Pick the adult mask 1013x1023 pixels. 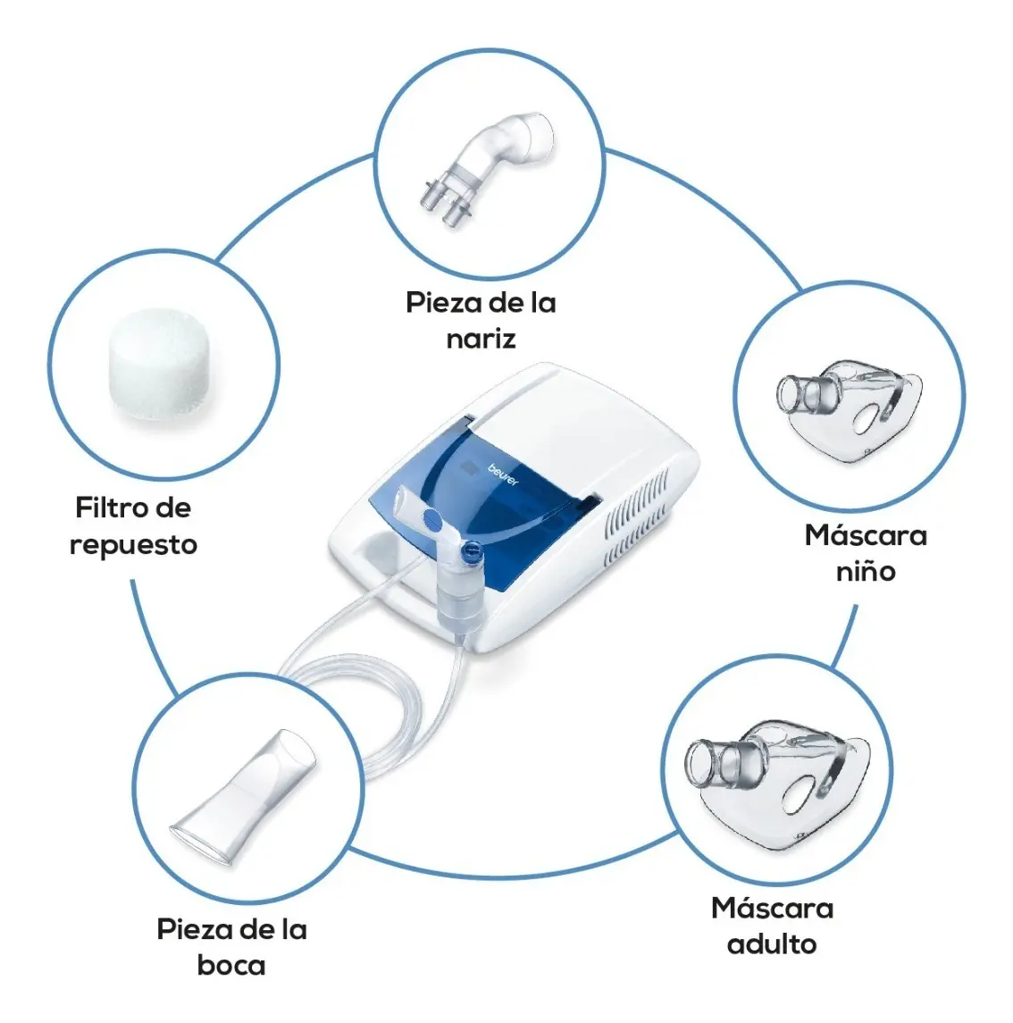tap(777, 783)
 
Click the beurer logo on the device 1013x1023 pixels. tap(503, 474)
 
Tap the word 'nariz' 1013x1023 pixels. tap(481, 339)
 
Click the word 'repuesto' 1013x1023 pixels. tap(134, 545)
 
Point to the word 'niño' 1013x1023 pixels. tap(866, 572)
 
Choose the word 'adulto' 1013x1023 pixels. tap(773, 944)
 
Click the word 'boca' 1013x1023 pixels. tap(231, 966)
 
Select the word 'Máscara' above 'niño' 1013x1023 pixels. tap(866, 535)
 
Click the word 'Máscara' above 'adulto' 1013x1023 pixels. tap(773, 908)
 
